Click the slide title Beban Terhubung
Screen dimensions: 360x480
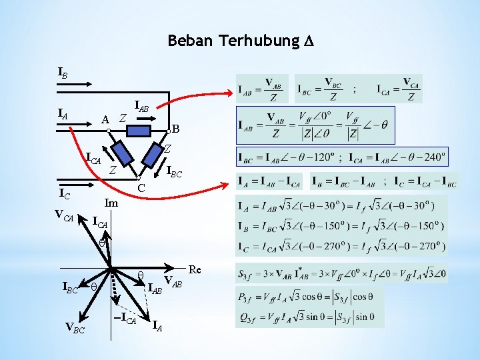[241, 41]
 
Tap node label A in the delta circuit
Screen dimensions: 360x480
[105, 119]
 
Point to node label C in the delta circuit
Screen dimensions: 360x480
[141, 189]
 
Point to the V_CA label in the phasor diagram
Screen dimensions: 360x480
[64, 215]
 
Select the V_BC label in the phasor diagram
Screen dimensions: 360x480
[75, 327]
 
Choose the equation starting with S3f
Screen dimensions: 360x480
[341, 273]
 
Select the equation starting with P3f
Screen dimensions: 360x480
[305, 297]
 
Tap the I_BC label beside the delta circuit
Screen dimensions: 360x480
[175, 171]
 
